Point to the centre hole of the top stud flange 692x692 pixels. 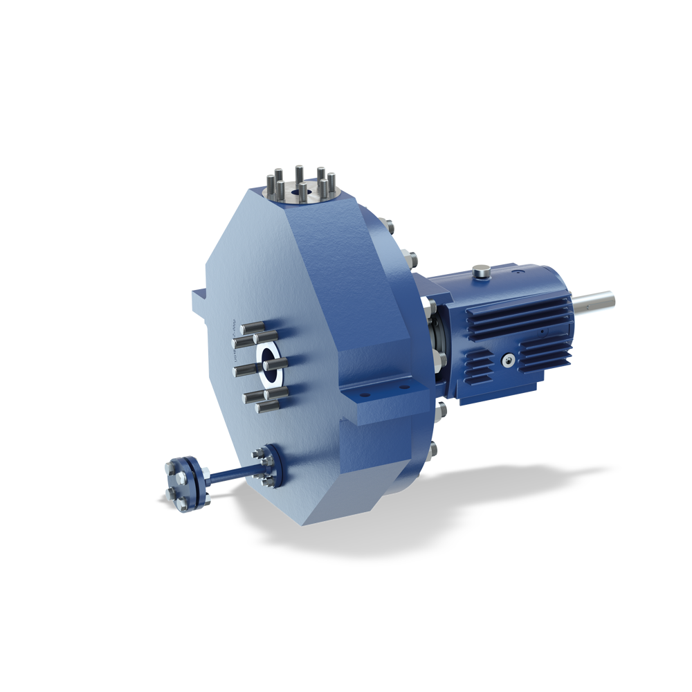[303, 187]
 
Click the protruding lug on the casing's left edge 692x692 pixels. [199, 302]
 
